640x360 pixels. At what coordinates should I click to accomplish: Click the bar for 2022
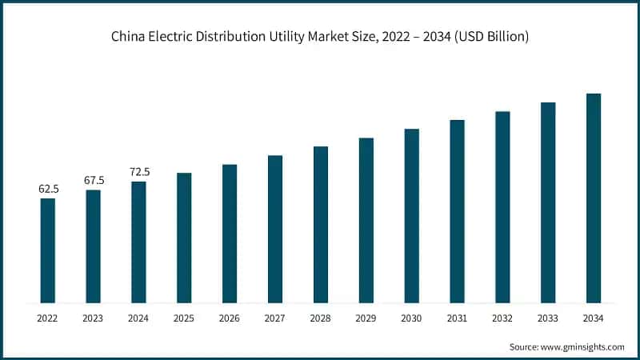(x=48, y=250)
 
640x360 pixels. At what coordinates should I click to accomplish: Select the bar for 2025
(x=184, y=238)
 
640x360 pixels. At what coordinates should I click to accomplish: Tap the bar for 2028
(x=321, y=225)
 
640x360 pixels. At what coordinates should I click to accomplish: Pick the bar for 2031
(x=457, y=211)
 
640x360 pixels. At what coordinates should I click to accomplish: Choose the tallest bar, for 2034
(x=594, y=198)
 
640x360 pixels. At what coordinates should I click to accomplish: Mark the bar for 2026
(x=230, y=234)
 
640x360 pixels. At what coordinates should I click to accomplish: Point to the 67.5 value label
(x=94, y=181)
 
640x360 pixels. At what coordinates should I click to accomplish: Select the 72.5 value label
(x=139, y=172)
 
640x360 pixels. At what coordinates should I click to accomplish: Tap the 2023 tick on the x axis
(x=94, y=318)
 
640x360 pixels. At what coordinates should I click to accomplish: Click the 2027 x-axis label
(x=275, y=318)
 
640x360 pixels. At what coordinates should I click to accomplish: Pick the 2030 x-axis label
(x=411, y=318)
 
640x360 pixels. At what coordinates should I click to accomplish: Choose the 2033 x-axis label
(x=548, y=318)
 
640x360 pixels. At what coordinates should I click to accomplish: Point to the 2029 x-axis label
(x=366, y=318)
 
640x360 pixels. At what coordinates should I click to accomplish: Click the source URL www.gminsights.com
(x=582, y=346)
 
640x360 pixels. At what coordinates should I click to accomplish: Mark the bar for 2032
(x=502, y=207)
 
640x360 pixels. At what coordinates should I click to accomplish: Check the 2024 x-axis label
(x=139, y=318)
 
